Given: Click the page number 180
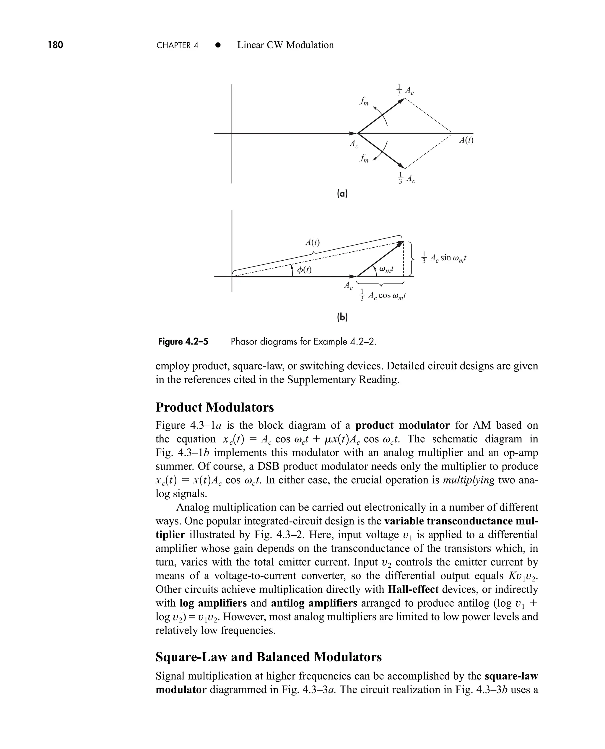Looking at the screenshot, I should click(x=56, y=45).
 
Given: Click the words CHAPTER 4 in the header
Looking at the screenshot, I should click(x=177, y=45).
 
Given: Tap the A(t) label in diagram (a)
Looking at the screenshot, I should click(x=466, y=140).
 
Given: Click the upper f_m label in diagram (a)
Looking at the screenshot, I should click(x=364, y=101).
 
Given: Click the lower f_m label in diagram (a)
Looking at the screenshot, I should click(x=364, y=159).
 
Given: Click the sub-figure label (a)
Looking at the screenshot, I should click(x=342, y=194).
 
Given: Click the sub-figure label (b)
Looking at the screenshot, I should click(x=342, y=317).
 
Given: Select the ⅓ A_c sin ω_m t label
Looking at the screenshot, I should click(x=444, y=258).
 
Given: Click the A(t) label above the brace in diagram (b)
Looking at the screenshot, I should click(x=313, y=242).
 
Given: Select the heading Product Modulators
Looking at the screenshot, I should click(x=215, y=407).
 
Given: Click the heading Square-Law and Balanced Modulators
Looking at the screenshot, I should click(x=268, y=657).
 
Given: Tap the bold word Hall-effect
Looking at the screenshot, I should click(x=413, y=589).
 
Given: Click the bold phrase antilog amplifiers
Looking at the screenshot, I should click(x=314, y=603).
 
